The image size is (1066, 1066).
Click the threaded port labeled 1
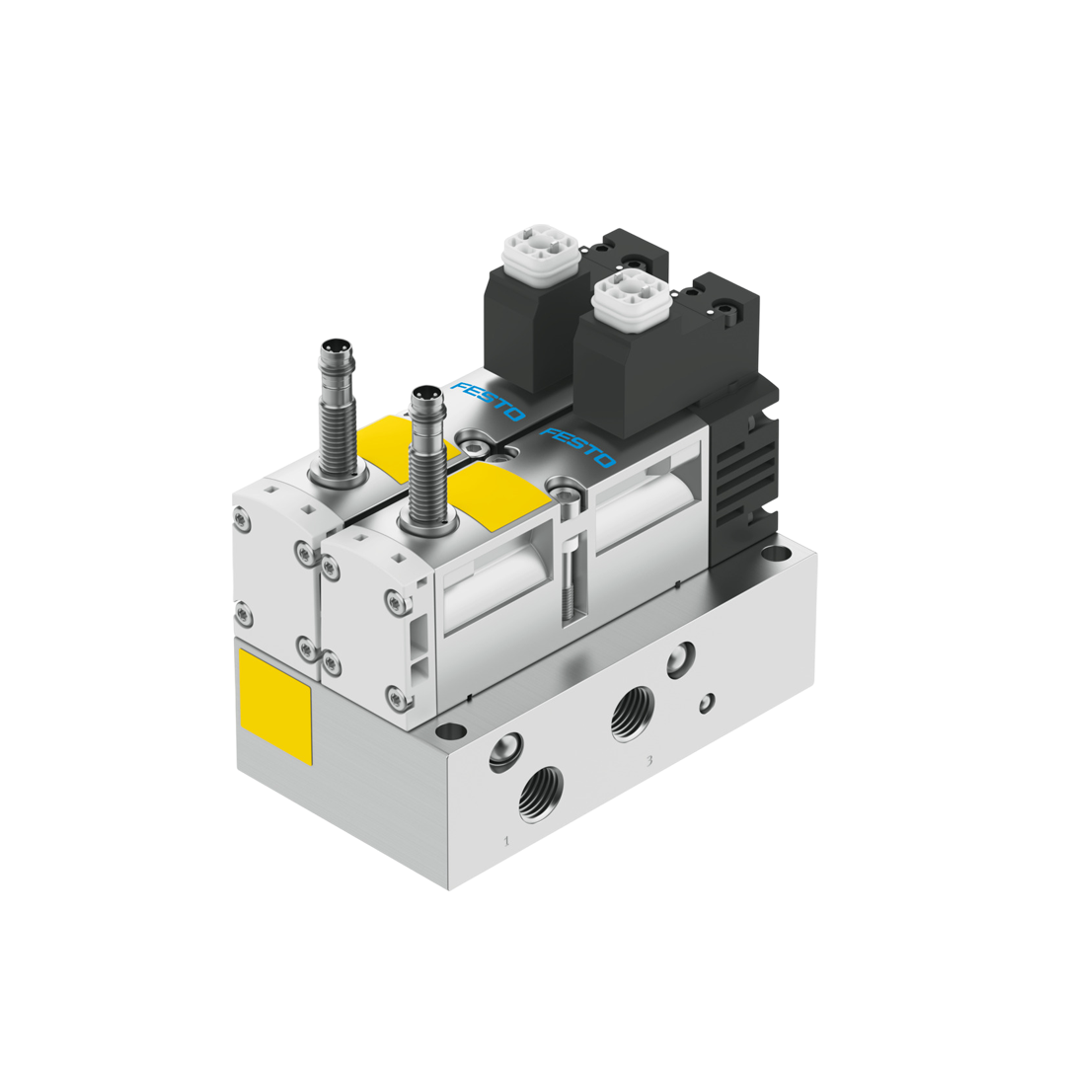tap(540, 793)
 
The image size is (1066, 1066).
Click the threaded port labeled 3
tap(632, 713)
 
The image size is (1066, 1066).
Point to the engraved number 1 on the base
tap(506, 841)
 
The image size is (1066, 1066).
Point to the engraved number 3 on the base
tap(648, 760)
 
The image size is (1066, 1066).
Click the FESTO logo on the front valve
tap(577, 447)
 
